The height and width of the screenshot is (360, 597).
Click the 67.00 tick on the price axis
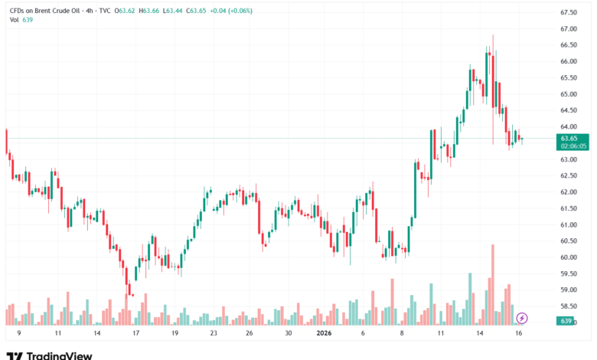(568, 29)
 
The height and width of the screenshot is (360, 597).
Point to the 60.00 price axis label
(568, 257)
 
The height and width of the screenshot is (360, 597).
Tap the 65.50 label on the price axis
(568, 78)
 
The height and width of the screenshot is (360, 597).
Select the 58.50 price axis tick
(568, 306)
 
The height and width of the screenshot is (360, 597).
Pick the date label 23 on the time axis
(214, 334)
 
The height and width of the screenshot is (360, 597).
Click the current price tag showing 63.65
(568, 139)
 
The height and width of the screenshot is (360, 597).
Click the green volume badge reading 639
(568, 322)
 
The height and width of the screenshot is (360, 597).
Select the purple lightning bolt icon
(522, 317)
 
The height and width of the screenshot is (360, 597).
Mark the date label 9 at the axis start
(18, 334)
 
